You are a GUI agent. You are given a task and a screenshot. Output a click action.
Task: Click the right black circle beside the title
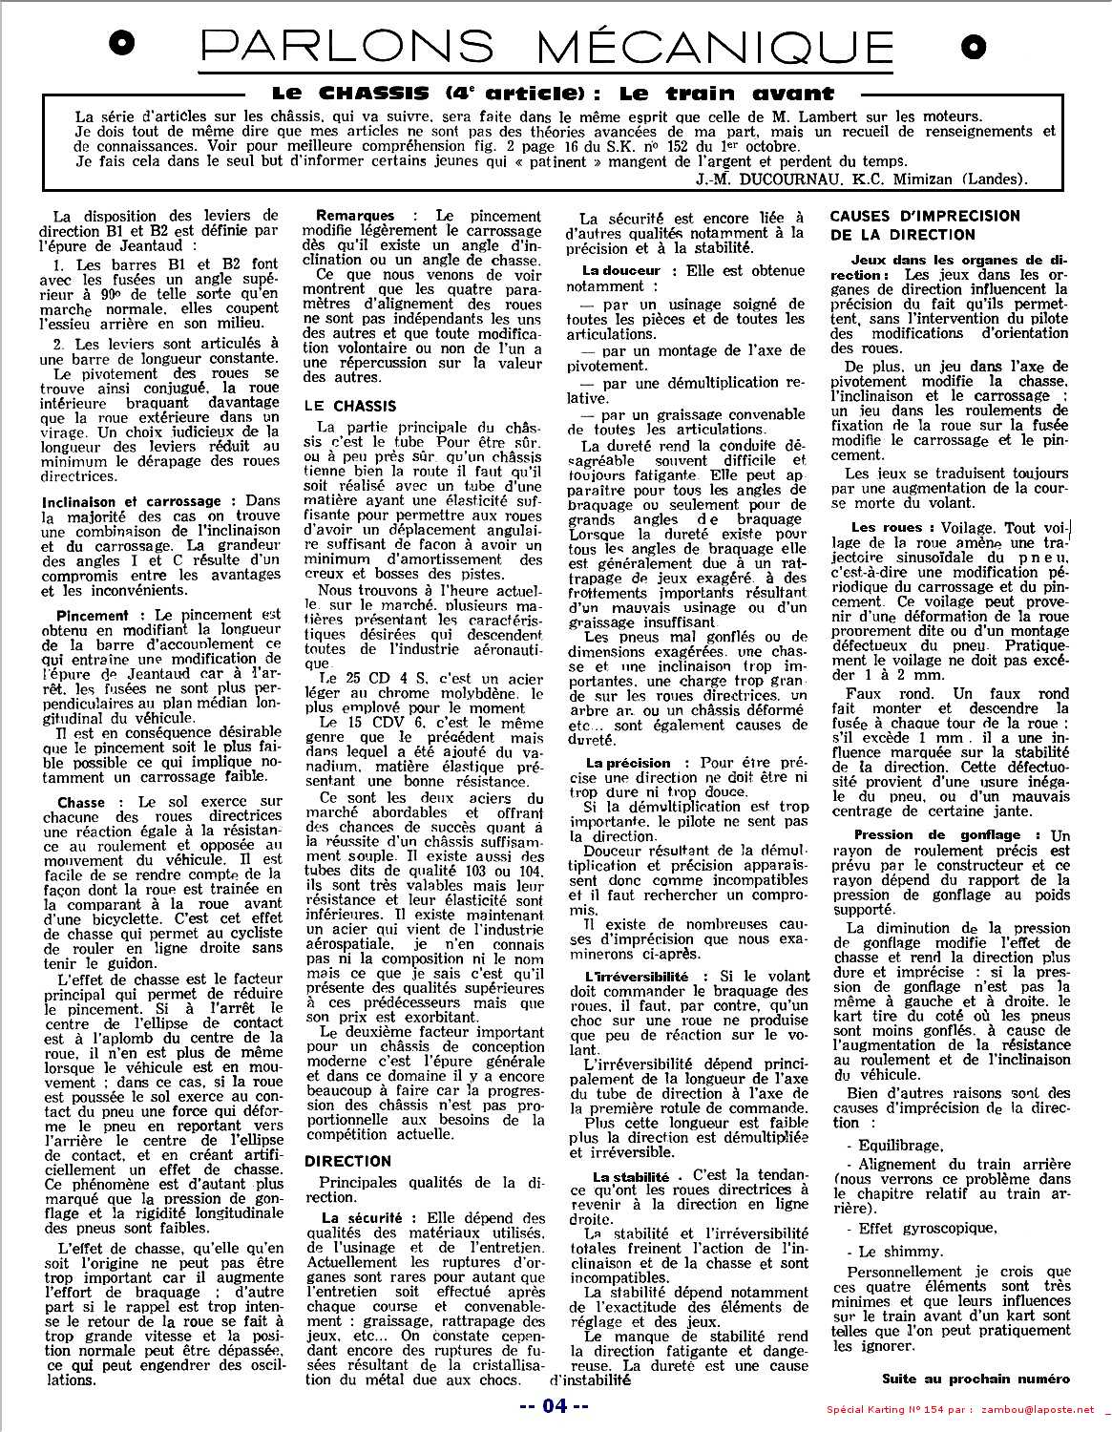[974, 45]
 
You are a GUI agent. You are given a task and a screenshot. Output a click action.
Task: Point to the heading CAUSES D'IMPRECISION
[924, 217]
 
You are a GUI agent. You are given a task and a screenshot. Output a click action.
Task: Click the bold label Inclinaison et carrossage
[132, 500]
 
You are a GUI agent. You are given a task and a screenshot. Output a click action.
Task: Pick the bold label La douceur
[621, 271]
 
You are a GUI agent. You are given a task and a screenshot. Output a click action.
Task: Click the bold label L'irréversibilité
[637, 977]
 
